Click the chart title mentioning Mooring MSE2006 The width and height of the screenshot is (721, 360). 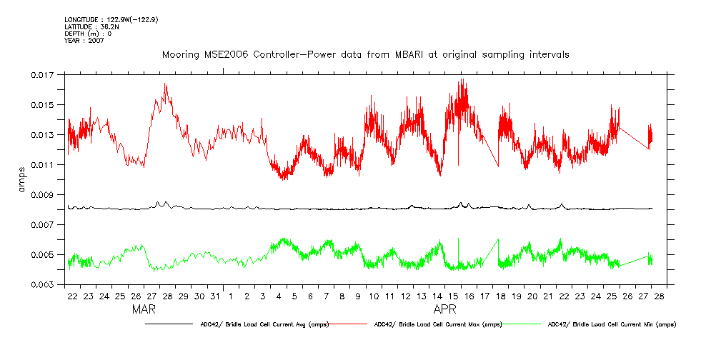click(365, 54)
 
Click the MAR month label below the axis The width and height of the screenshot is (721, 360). click(144, 311)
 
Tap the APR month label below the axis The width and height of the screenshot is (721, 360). click(446, 311)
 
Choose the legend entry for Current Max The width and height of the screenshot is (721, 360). click(437, 324)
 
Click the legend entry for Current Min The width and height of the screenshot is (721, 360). click(612, 324)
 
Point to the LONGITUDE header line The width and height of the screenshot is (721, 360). click(111, 20)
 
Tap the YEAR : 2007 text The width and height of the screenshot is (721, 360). click(84, 41)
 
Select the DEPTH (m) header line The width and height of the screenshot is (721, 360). click(88, 34)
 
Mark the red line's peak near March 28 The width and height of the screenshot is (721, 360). click(165, 84)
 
